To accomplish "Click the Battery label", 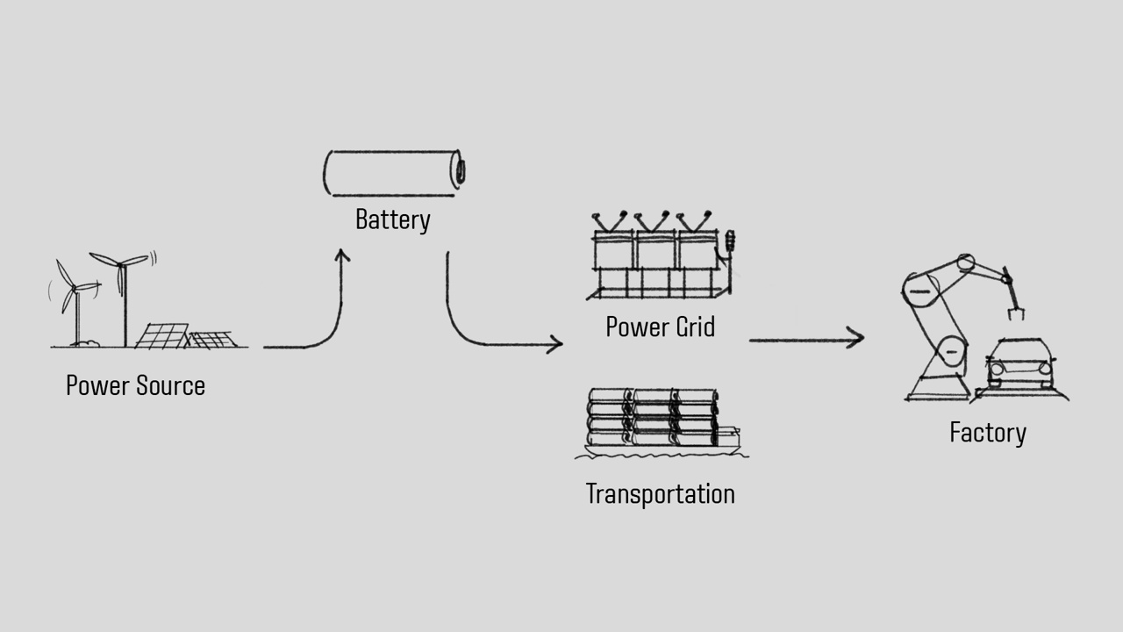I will [392, 219].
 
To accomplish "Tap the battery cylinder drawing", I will [393, 172].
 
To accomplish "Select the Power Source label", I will [135, 386].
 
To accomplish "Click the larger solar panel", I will [161, 336].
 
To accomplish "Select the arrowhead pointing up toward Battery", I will [341, 255].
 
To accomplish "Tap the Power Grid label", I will [660, 327].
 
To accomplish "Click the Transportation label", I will [660, 494].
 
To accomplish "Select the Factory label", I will [987, 433].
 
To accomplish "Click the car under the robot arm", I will [1020, 364].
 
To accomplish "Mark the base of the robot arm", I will [939, 386].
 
